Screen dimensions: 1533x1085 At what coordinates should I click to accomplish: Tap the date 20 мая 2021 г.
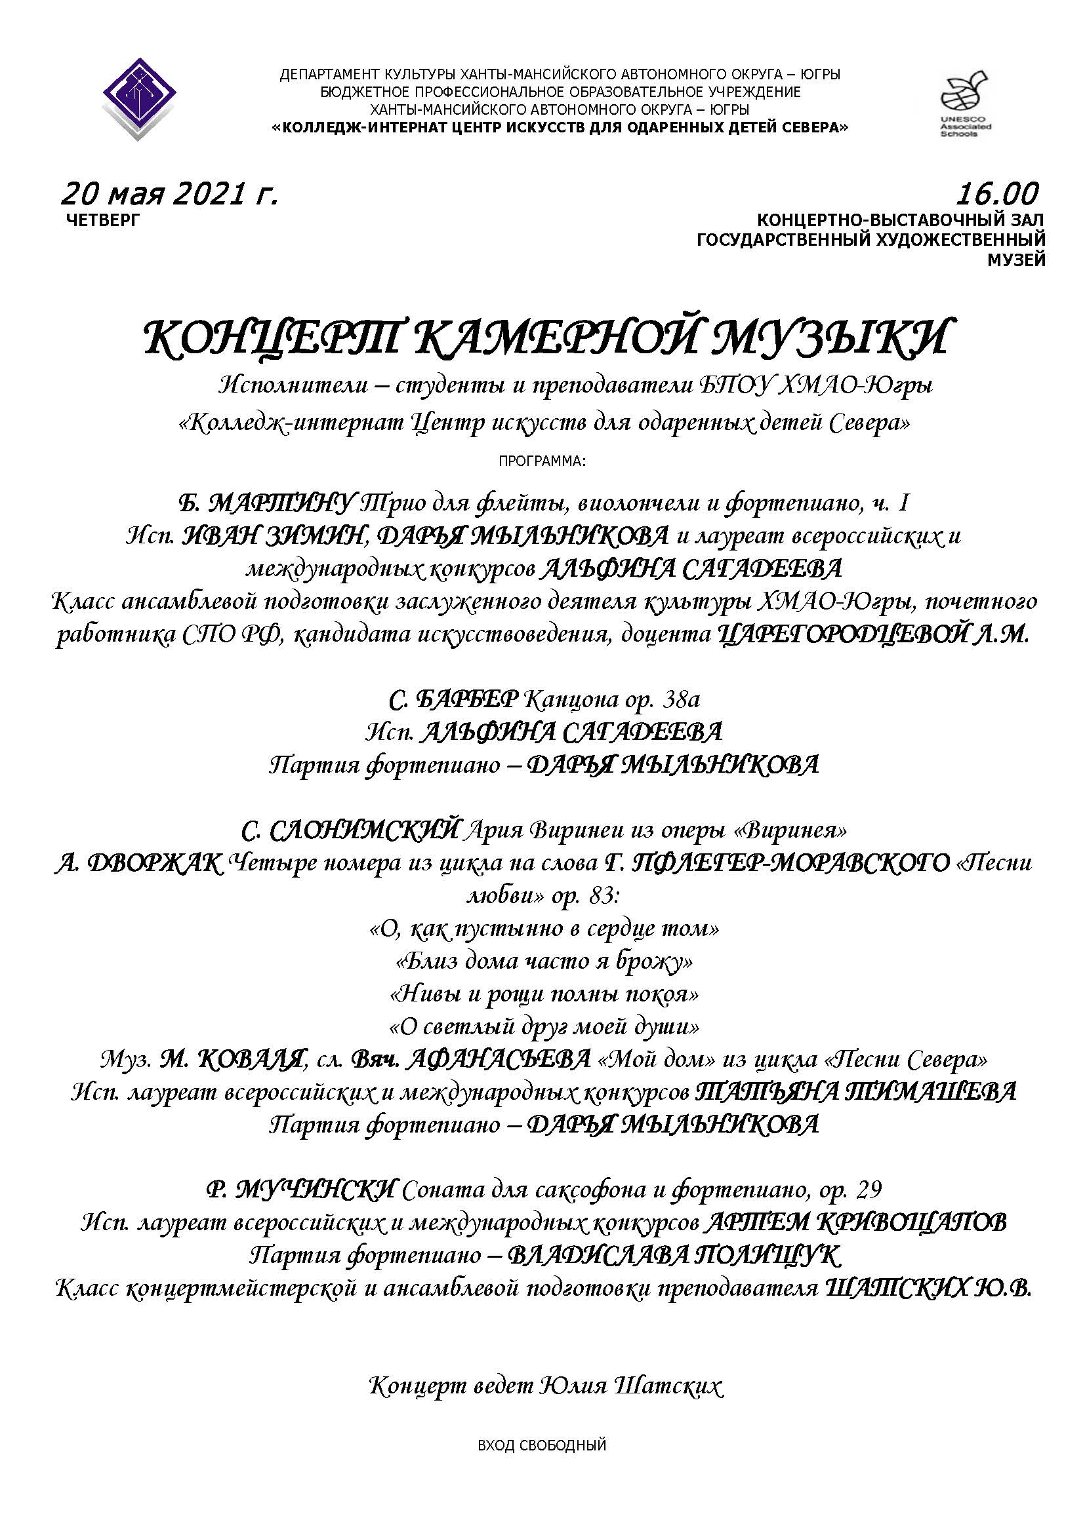(169, 194)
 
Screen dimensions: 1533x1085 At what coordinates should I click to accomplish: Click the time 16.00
(997, 194)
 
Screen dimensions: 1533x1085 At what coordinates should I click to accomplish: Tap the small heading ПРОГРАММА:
(542, 461)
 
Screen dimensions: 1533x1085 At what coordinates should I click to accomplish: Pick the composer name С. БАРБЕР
(453, 700)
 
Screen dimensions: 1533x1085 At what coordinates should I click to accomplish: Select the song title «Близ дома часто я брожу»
(544, 961)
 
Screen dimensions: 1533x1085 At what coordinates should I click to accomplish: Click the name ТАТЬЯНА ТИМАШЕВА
(856, 1093)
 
